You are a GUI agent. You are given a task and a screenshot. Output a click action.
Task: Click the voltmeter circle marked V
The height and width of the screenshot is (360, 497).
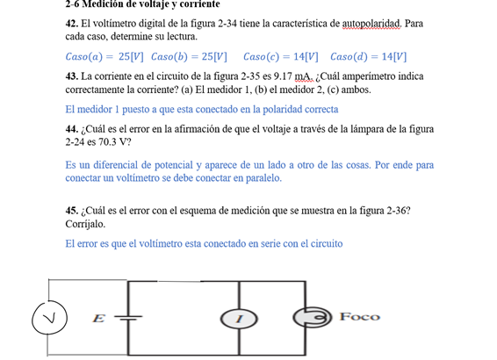(x=51, y=319)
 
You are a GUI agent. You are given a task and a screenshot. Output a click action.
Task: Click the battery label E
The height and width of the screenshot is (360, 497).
(x=99, y=318)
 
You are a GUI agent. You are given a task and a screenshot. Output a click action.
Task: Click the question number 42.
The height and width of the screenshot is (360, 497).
(x=72, y=24)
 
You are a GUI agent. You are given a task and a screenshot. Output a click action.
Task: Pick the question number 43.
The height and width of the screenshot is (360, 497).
(x=72, y=76)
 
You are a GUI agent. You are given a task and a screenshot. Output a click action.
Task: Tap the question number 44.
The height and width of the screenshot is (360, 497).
(x=72, y=129)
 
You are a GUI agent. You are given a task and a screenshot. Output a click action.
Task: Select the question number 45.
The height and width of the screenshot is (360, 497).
(x=72, y=211)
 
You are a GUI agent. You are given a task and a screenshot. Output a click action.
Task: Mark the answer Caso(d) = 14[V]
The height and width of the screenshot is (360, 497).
(x=369, y=57)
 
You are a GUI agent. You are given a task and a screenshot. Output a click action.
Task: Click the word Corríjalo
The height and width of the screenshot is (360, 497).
(x=86, y=224)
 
